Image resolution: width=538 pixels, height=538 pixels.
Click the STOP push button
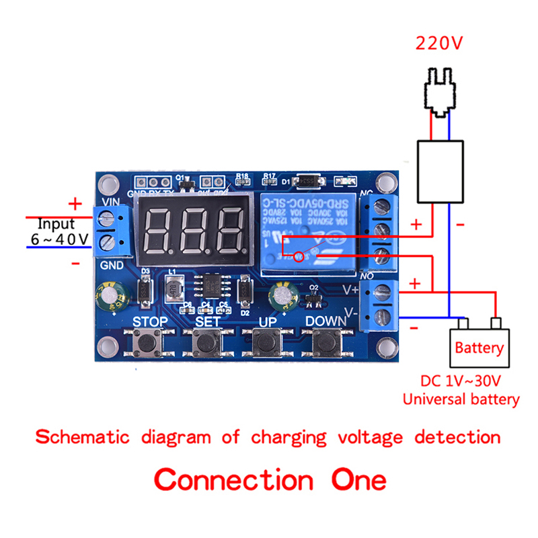[x=149, y=344]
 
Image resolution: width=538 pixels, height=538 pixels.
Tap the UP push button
[x=268, y=344]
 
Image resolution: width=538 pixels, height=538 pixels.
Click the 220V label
[x=439, y=44]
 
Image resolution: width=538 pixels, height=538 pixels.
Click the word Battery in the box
[x=479, y=348]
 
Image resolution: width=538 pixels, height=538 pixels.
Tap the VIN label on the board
[x=110, y=201]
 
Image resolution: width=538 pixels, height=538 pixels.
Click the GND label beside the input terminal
[x=111, y=266]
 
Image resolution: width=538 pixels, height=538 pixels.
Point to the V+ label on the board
[x=350, y=291]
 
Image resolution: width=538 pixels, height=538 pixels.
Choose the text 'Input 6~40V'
[x=59, y=231]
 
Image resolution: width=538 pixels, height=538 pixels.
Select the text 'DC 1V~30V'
[x=461, y=381]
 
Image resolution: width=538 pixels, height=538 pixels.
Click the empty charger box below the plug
[x=440, y=171]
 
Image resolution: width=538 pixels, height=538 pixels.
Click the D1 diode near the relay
[x=311, y=181]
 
